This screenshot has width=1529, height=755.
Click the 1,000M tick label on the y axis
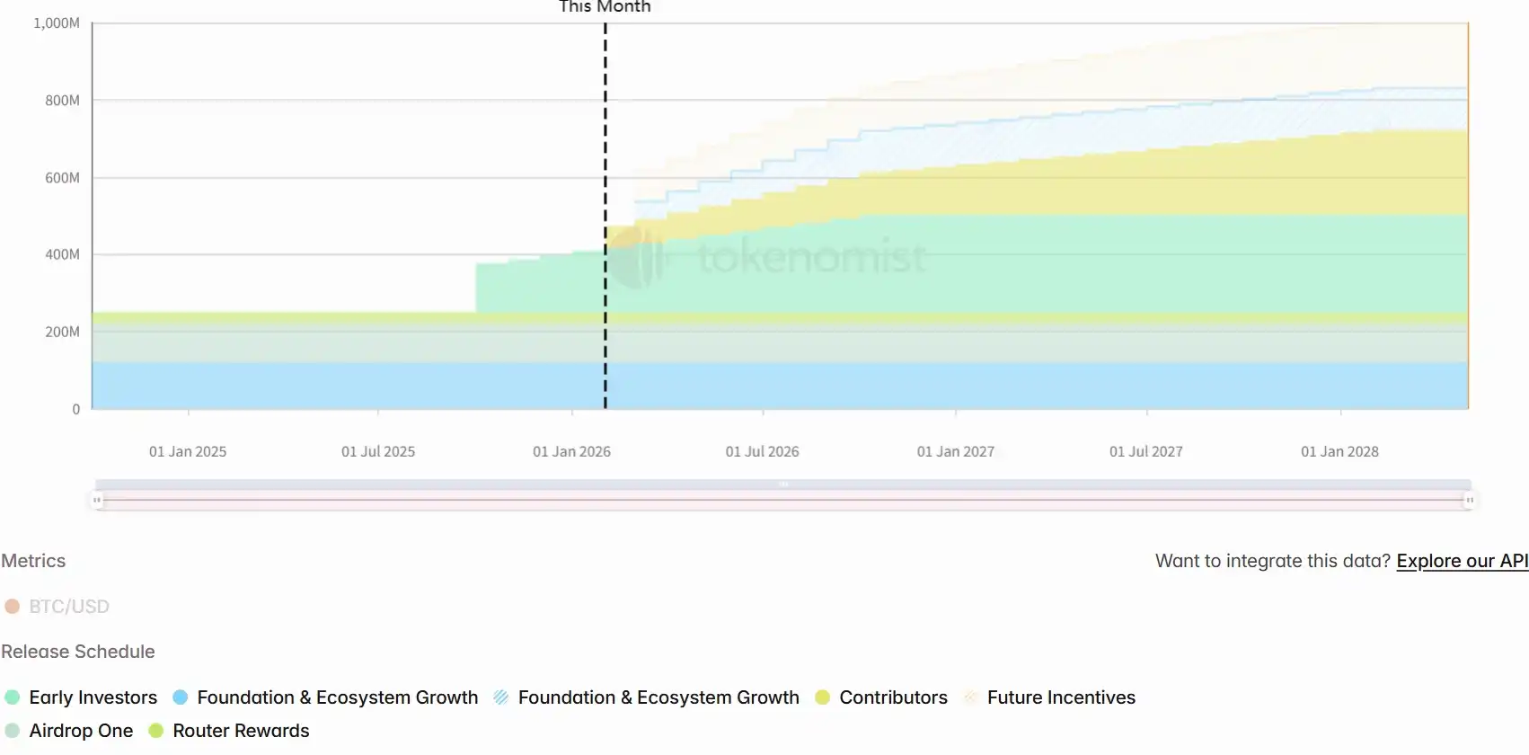pyautogui.click(x=56, y=23)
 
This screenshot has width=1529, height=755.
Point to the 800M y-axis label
pyautogui.click(x=62, y=101)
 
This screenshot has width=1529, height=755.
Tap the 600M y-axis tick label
pyautogui.click(x=62, y=178)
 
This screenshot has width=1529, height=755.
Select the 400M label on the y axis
pyautogui.click(x=62, y=254)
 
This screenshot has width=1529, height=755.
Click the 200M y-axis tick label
pyautogui.click(x=62, y=332)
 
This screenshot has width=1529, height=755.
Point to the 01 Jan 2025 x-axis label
pyautogui.click(x=188, y=451)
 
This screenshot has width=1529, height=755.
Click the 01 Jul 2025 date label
pyautogui.click(x=378, y=451)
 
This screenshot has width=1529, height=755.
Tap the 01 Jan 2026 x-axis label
pyautogui.click(x=571, y=451)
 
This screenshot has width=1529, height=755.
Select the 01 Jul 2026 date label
pyautogui.click(x=762, y=451)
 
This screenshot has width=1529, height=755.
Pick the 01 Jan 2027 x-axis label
pyautogui.click(x=955, y=451)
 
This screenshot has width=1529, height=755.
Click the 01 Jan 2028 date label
pyautogui.click(x=1339, y=451)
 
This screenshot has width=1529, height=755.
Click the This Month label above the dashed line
pyautogui.click(x=605, y=7)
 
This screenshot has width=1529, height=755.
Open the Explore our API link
pyautogui.click(x=1462, y=561)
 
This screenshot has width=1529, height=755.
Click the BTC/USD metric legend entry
pyautogui.click(x=68, y=607)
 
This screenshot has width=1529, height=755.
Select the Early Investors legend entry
pyautogui.click(x=93, y=697)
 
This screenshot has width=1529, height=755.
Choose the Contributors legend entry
pyautogui.click(x=893, y=697)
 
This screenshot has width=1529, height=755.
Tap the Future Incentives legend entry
pyautogui.click(x=1060, y=697)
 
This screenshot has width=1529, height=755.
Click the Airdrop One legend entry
pyautogui.click(x=81, y=731)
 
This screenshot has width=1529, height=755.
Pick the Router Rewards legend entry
pyautogui.click(x=241, y=731)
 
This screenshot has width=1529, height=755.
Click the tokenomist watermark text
pyautogui.click(x=811, y=258)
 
